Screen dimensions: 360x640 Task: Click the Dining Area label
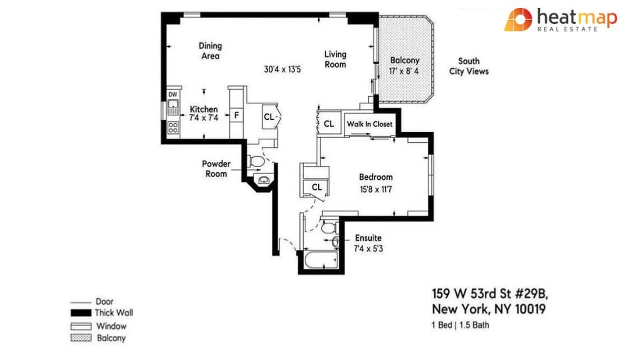[x=210, y=51]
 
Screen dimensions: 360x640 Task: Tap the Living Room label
[x=336, y=59]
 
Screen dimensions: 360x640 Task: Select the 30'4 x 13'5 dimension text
[x=282, y=69]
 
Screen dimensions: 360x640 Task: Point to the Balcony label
[x=405, y=60]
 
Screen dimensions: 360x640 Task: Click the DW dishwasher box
[x=173, y=94]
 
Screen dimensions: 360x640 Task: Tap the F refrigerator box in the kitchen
[x=236, y=115]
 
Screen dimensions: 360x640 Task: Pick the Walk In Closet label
[x=370, y=124]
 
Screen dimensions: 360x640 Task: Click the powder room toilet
[x=257, y=161]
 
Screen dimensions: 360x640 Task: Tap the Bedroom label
[x=375, y=177]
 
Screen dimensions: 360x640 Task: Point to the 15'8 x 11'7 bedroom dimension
[x=376, y=189]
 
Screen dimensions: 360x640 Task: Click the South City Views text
[x=469, y=66]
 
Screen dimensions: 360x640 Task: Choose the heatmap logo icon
[x=518, y=20]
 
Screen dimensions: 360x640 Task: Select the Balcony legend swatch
[x=81, y=338]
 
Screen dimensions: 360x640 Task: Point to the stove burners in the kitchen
[x=173, y=127]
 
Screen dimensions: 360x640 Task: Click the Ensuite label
[x=368, y=238]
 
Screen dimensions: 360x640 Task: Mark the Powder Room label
[x=216, y=169]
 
